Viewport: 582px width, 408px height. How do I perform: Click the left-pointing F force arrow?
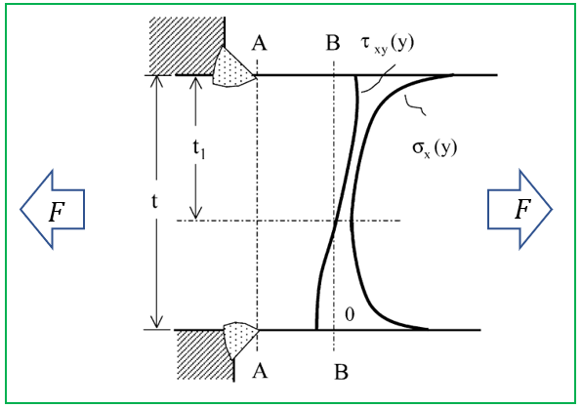pos(53,209)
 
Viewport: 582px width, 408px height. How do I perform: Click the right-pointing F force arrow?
pos(520,209)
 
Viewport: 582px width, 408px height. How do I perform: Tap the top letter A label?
pos(259,43)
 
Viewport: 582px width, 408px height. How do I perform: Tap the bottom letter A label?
pos(260,370)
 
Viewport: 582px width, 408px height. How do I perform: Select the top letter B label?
pos(333,43)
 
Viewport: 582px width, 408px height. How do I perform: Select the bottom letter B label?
pos(341,372)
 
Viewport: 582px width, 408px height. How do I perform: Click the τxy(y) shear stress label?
pos(387,45)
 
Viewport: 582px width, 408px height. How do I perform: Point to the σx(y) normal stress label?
pos(435,148)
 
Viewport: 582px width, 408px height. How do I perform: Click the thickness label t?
pos(155,201)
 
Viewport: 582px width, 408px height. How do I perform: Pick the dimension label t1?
pos(198,149)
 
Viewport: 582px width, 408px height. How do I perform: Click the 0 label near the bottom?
pos(350,314)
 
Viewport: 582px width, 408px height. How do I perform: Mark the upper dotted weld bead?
pos(233,67)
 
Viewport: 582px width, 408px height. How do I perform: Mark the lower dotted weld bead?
pos(239,340)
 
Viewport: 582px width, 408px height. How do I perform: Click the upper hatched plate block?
pos(187,47)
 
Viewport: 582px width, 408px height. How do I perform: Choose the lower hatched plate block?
pos(204,354)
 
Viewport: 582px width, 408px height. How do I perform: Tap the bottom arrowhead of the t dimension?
pos(156,322)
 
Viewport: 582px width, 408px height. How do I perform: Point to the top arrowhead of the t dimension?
pos(156,82)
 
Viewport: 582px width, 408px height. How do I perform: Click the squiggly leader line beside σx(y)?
pos(415,105)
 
